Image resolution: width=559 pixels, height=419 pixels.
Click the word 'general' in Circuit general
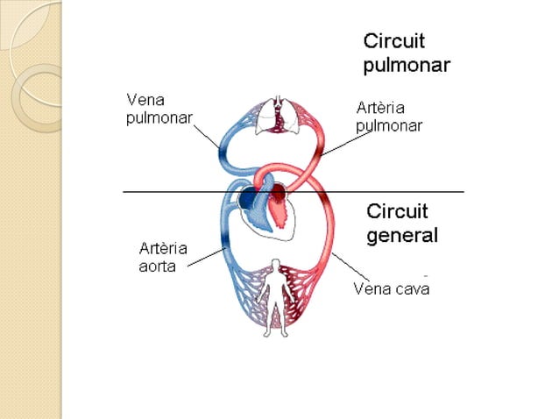pos(402,235)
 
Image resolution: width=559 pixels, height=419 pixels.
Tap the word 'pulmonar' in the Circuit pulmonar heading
pos(407,65)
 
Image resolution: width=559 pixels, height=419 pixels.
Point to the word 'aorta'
pos(158,266)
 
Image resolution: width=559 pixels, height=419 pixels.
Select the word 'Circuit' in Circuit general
pos(397,211)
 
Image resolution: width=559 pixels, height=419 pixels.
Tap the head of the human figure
pos(277,265)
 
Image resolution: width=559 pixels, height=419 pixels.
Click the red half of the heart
pos(279,205)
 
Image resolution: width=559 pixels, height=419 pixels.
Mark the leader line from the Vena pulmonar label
pos(207,137)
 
